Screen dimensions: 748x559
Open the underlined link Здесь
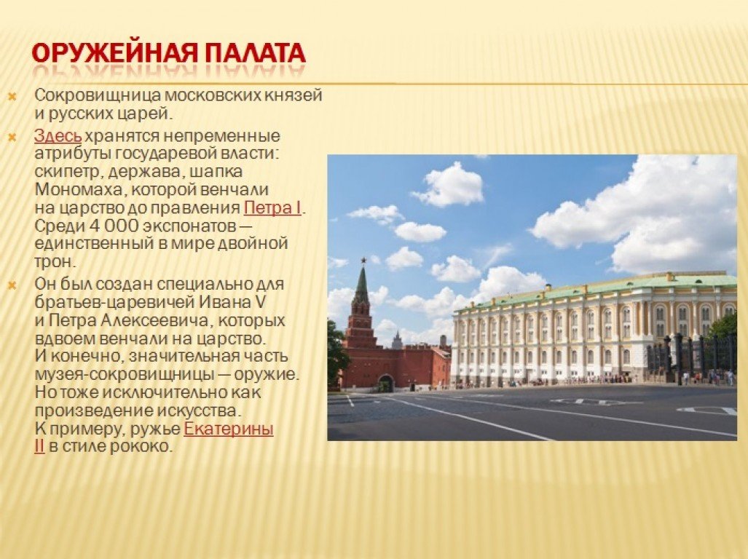pyautogui.click(x=58, y=136)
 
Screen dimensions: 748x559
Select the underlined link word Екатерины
pyautogui.click(x=229, y=429)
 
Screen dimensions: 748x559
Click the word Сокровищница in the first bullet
pyautogui.click(x=98, y=95)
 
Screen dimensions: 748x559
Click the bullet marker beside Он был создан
pyautogui.click(x=12, y=285)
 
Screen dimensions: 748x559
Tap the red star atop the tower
pyautogui.click(x=363, y=261)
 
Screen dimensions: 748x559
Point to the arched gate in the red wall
pyautogui.click(x=385, y=383)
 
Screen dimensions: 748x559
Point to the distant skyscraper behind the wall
pyautogui.click(x=398, y=339)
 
